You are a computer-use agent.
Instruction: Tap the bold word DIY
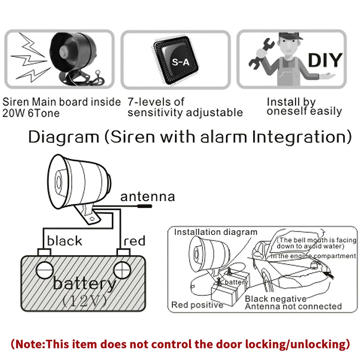pos(325,60)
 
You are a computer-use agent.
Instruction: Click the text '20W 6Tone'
pos(31,113)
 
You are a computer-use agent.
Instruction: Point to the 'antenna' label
pos(147,197)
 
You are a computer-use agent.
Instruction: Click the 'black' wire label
pos(64,241)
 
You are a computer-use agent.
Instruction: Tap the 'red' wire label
pos(134,241)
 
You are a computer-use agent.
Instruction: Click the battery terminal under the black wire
pos(44,269)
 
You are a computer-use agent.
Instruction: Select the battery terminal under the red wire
pos(122,269)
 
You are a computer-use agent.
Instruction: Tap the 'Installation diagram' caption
pos(216,232)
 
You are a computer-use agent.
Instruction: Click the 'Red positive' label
pos(197,305)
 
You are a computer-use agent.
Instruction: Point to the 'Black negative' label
pos(276,299)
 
